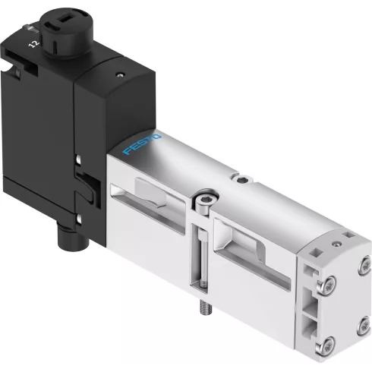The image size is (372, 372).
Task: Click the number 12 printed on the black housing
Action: (x=34, y=44)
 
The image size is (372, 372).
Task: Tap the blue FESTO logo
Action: (x=142, y=144)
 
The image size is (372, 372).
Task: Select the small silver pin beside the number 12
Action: (x=31, y=28)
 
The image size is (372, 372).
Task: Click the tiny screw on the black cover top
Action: (x=120, y=74)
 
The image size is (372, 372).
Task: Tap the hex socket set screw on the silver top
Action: (x=242, y=179)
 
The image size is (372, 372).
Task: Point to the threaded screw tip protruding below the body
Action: (x=206, y=307)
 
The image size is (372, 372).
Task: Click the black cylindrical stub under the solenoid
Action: (x=74, y=236)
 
